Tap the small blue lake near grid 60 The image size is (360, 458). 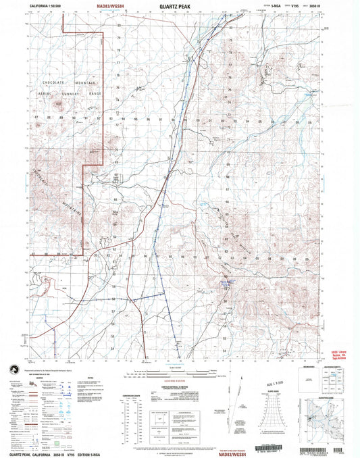pyautogui.click(x=228, y=284)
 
